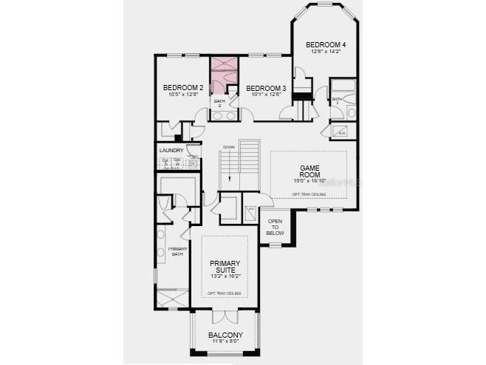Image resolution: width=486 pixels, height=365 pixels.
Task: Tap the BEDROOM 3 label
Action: tap(265, 87)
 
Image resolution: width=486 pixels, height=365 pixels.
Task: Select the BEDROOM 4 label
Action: tap(326, 44)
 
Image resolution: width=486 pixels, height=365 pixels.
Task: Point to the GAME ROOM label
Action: tap(308, 171)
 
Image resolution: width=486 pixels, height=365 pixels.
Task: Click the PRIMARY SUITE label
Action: tap(225, 267)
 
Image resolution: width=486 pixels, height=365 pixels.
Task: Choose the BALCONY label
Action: tap(225, 335)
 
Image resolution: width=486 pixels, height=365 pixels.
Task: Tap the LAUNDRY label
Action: tap(171, 151)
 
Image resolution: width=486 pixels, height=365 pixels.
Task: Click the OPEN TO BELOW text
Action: tap(275, 227)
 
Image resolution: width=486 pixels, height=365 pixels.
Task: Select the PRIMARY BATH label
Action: tap(177, 251)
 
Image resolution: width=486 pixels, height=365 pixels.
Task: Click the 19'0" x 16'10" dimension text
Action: tap(308, 181)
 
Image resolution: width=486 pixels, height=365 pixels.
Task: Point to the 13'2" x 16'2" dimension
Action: tap(225, 276)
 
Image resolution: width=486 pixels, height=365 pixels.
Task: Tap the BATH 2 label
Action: tap(219, 103)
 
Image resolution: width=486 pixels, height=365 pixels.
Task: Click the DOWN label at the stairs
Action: tap(228, 147)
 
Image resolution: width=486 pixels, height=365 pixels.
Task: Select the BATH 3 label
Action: tap(337, 100)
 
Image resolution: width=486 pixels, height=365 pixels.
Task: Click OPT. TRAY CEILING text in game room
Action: tap(308, 194)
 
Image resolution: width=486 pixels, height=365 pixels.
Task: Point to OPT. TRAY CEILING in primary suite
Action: tap(223, 294)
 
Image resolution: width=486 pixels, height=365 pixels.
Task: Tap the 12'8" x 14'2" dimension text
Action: tap(326, 52)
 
